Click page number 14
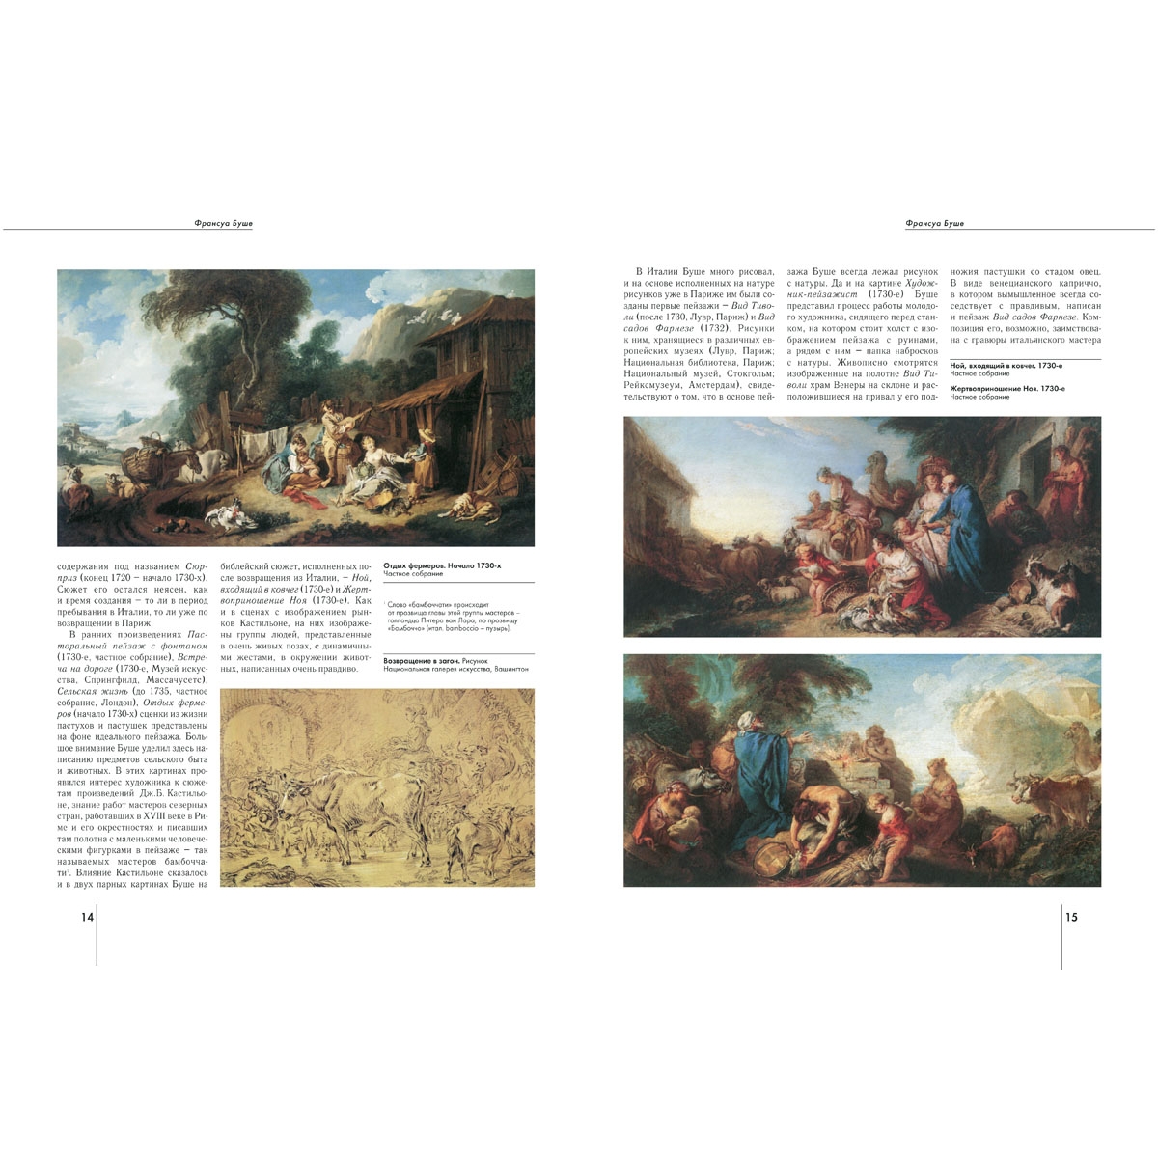(87, 917)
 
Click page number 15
(1071, 917)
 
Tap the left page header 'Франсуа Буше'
(223, 223)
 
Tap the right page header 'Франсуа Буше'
(934, 223)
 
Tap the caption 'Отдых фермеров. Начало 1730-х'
(442, 565)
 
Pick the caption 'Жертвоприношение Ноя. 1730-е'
(1007, 388)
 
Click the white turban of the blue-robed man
(746, 719)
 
